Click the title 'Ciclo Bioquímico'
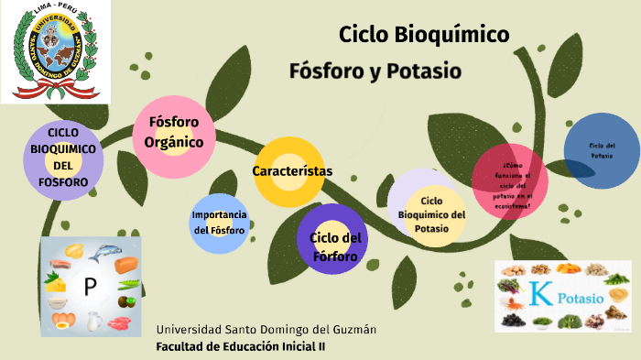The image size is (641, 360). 424,36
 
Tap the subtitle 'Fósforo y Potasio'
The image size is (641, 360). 375,71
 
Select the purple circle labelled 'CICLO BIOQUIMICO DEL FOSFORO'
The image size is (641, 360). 63,158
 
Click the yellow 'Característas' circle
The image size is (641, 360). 291,171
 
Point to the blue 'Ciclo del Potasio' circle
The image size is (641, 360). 602,150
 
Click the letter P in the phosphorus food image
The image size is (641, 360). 90,286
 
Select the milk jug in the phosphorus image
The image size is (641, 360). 92,322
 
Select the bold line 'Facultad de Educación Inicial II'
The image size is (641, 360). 241,346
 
